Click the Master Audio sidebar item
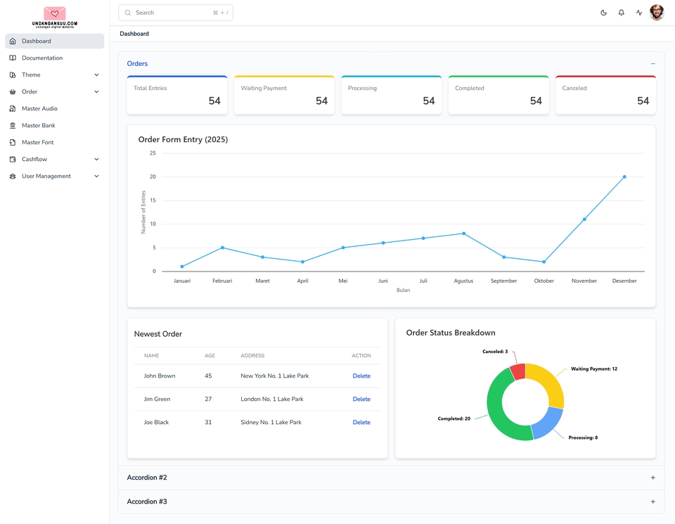[x=39, y=108]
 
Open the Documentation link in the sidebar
[x=41, y=58]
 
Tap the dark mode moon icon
[x=603, y=13]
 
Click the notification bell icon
[x=621, y=13]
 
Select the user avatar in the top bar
[x=657, y=13]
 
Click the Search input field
[x=169, y=13]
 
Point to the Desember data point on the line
[x=624, y=177]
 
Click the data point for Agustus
[x=463, y=234]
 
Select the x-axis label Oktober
[x=544, y=281]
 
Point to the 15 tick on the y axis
[x=153, y=200]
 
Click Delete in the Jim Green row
[x=361, y=399]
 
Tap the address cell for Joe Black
[x=271, y=422]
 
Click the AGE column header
[x=210, y=355]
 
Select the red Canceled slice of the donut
[x=517, y=371]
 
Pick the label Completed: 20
[x=454, y=418]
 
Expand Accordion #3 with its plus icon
[x=652, y=501]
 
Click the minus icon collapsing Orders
[x=652, y=64]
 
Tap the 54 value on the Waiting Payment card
[x=321, y=101]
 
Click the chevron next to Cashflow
[x=96, y=159]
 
